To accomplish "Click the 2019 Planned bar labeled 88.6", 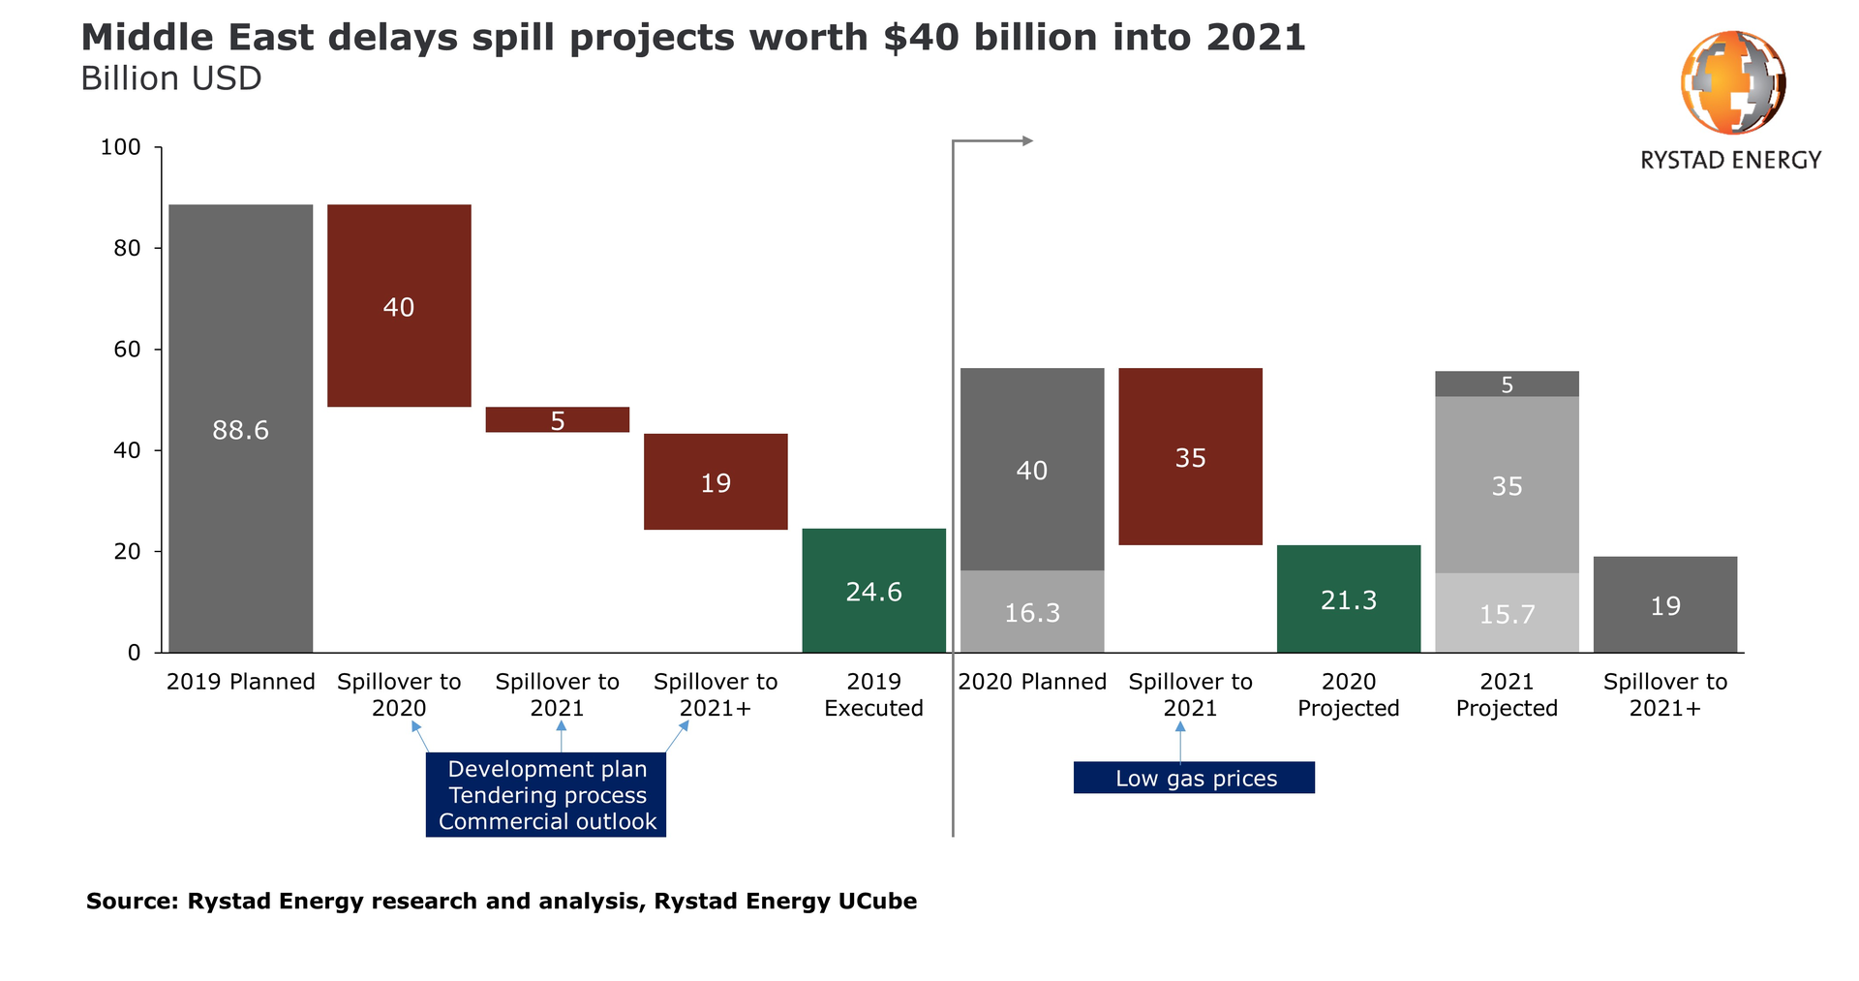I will click(x=240, y=428).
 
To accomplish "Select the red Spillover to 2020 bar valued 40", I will click(x=399, y=306).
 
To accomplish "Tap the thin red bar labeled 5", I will click(x=557, y=419).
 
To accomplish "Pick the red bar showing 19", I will click(x=716, y=481).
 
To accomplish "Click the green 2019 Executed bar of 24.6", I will click(x=873, y=590).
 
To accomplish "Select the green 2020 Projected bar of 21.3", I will click(x=1349, y=598).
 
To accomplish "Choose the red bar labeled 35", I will click(x=1190, y=456).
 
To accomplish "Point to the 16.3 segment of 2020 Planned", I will click(x=1032, y=611).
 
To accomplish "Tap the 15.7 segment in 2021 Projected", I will click(x=1507, y=613).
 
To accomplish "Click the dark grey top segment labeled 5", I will click(x=1507, y=384).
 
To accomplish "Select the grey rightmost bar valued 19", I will click(x=1665, y=604).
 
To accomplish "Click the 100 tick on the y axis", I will click(x=121, y=147).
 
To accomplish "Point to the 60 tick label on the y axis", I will click(x=127, y=350).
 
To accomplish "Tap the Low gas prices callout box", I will click(x=1194, y=778).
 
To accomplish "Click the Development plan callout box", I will click(x=546, y=794).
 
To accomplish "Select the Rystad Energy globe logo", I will click(x=1732, y=82).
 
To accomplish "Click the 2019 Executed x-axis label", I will click(x=873, y=694).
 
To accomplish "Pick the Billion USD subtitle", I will click(x=171, y=78).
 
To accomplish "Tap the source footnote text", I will click(x=501, y=901).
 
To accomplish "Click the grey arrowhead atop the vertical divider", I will click(x=1028, y=141).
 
